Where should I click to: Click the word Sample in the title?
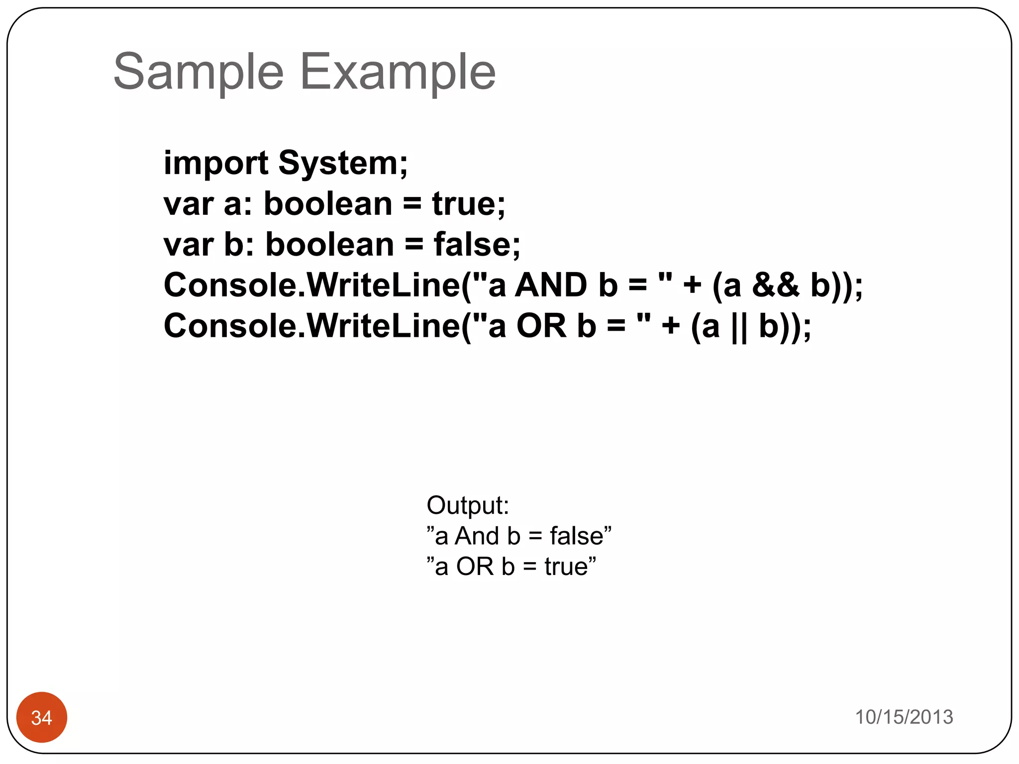point(199,72)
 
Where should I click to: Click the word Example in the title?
point(398,72)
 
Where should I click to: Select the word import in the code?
point(216,164)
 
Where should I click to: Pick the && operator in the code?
point(776,285)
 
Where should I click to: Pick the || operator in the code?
point(739,327)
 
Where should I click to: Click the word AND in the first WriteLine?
point(551,286)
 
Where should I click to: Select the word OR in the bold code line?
point(541,326)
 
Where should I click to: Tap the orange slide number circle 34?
point(42,717)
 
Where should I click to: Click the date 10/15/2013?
point(904,717)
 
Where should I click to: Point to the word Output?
point(468,505)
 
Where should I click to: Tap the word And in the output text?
point(477,536)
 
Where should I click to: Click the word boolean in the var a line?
point(328,204)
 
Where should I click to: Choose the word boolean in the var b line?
point(329,245)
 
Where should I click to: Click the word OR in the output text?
point(475,567)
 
